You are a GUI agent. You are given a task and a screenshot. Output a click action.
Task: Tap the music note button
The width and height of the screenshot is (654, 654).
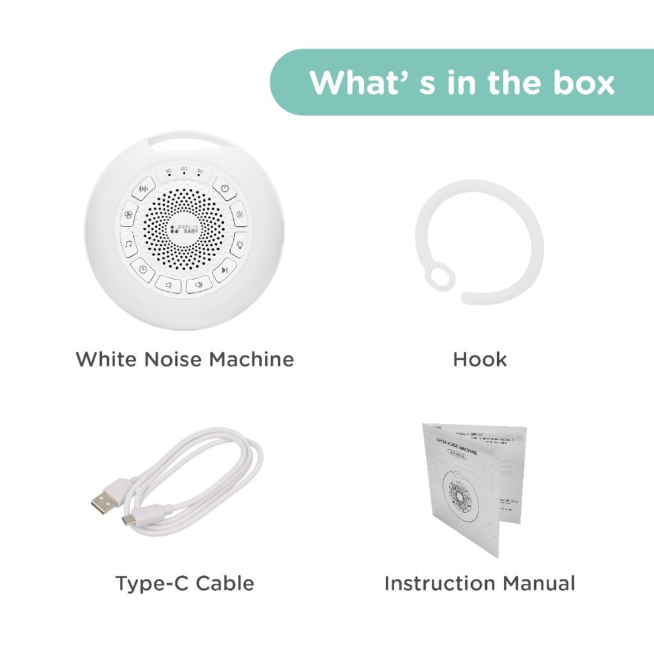click(128, 244)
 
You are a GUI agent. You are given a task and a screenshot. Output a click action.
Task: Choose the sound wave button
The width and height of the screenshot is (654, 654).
click(144, 188)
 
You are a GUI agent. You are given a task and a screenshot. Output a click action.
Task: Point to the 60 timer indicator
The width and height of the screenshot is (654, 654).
click(184, 172)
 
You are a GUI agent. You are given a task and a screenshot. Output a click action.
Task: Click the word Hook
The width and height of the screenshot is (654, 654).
click(480, 359)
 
